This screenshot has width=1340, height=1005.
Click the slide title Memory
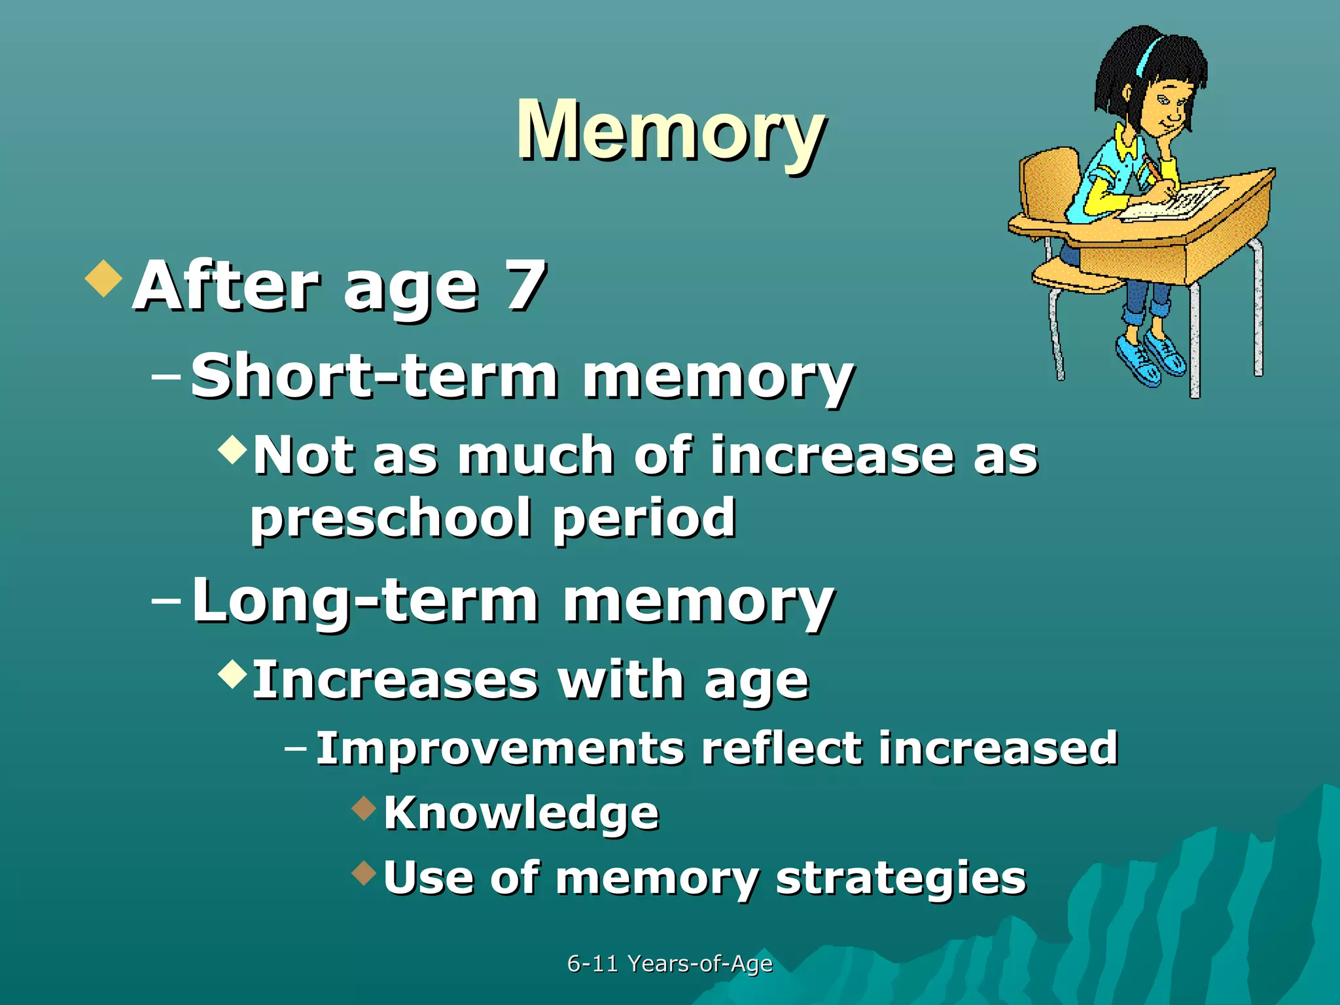tap(670, 131)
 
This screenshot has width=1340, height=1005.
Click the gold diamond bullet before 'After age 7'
tap(104, 278)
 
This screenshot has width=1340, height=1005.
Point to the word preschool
tap(391, 518)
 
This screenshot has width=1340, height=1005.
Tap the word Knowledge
tap(521, 813)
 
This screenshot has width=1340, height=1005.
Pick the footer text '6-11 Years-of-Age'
tap(670, 963)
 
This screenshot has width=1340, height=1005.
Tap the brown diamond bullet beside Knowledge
tap(364, 808)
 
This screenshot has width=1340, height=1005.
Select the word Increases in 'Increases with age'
tap(395, 680)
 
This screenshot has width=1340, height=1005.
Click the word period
tap(644, 518)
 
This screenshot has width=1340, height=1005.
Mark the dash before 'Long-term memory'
tap(166, 600)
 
